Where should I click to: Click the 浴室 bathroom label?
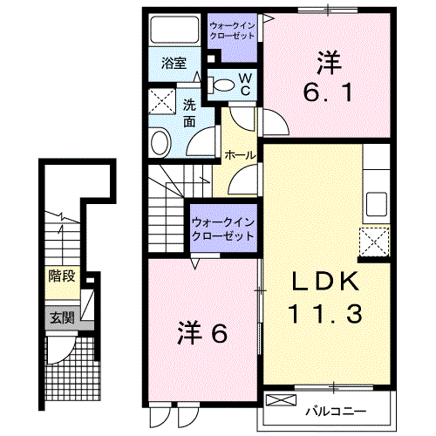[x=174, y=63]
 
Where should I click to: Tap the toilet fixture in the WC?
[x=225, y=85]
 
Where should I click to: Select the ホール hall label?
[x=240, y=154]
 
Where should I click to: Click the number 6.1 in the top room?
[x=327, y=90]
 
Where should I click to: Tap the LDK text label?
[x=325, y=282]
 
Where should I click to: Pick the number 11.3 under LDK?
[x=325, y=311]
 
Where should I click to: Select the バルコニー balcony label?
[x=336, y=409]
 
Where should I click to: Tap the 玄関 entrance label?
[x=61, y=317]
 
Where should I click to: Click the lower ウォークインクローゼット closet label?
[x=222, y=228]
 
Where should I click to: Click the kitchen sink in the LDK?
[x=377, y=204]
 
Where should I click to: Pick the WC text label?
[x=245, y=85]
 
